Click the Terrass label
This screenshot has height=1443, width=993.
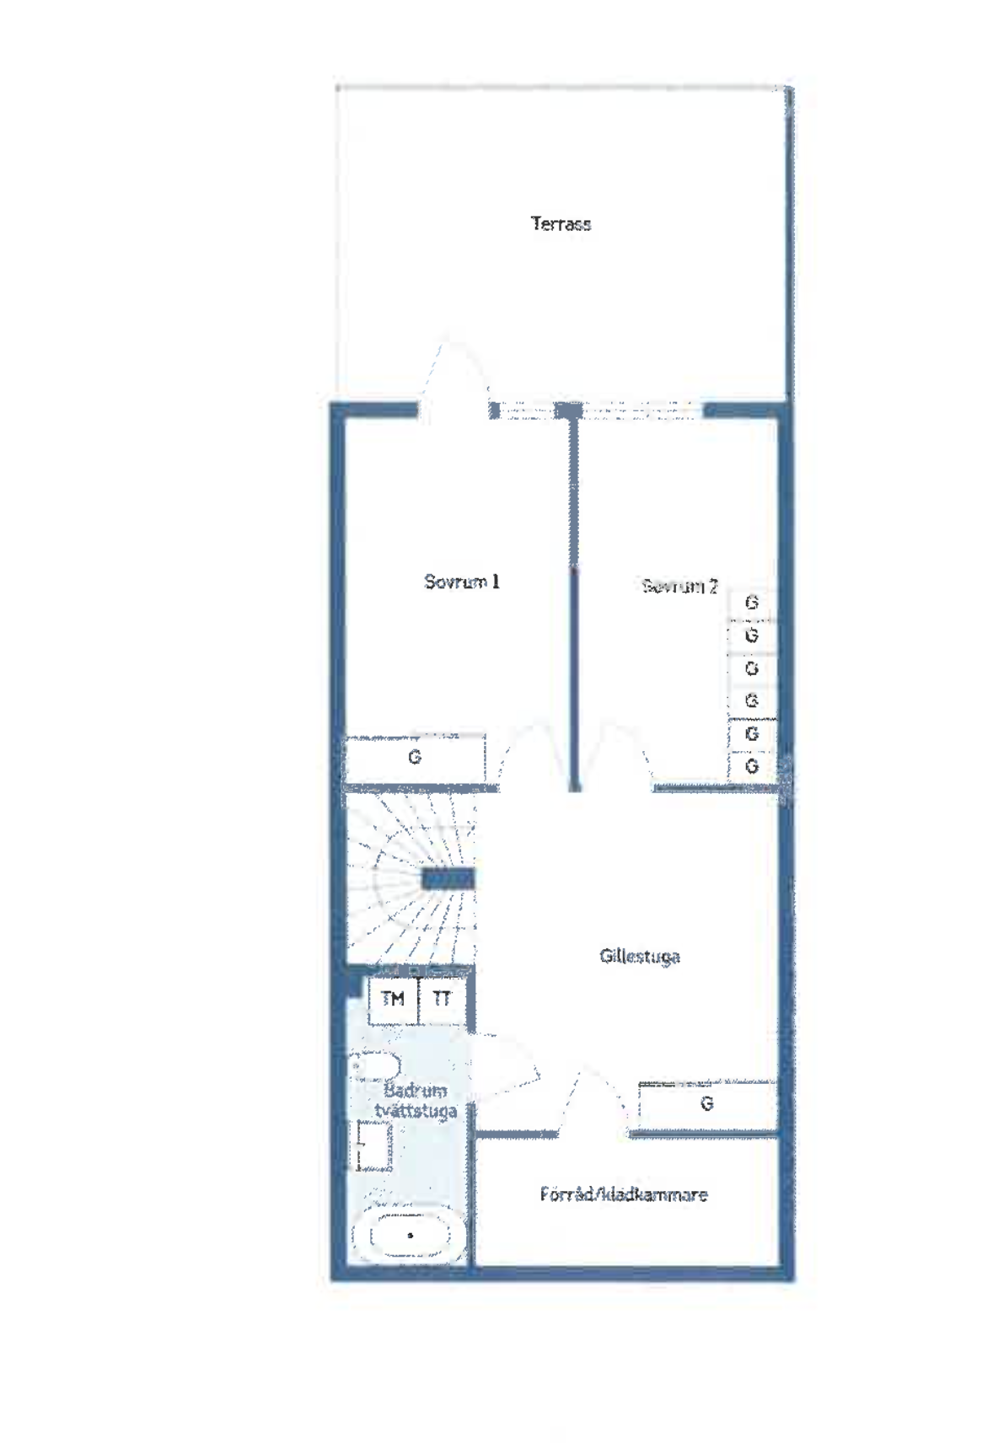[x=561, y=223]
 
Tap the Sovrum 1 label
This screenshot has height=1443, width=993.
[x=461, y=582]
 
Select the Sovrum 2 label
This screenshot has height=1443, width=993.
[x=679, y=586]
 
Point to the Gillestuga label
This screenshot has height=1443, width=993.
[x=640, y=956]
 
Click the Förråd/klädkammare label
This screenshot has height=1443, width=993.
[x=624, y=1194]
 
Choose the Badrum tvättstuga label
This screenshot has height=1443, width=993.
[x=415, y=1101]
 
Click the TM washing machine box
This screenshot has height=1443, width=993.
[x=393, y=1000]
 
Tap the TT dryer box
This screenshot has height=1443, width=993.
[x=442, y=1000]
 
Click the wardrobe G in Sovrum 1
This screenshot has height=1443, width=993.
[x=415, y=758]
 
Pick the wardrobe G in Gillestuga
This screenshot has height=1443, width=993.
[x=706, y=1103]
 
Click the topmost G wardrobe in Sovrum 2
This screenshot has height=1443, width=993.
[x=752, y=603]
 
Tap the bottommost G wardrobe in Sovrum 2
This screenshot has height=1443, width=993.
[x=752, y=766]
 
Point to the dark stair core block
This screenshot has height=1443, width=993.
[x=448, y=880]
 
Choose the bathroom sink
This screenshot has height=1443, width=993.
[x=373, y=1145]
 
